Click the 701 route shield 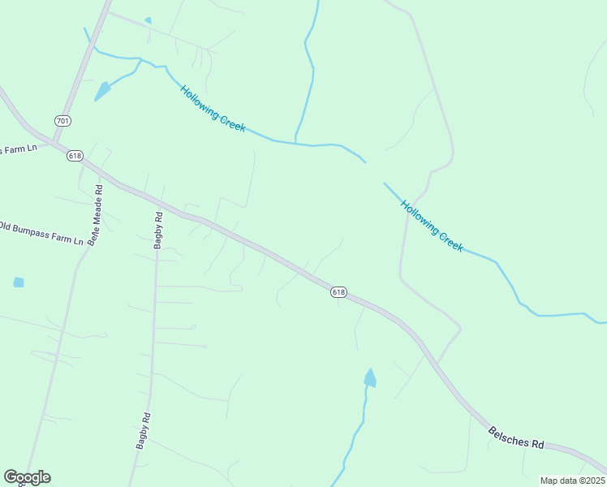coord(62,121)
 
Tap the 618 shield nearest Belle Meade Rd coord(75,156)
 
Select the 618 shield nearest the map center coord(338,292)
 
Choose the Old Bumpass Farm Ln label coord(41,234)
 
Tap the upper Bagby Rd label coord(159,230)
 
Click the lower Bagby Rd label coord(144,430)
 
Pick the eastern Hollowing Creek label coord(432,226)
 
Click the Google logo coord(27,477)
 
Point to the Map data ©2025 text coord(571,481)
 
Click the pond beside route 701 coord(102,91)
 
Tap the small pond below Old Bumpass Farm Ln coord(19,282)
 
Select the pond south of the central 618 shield coord(370,378)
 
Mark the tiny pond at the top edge coord(148,20)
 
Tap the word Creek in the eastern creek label coord(450,239)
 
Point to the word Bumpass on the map coord(37,231)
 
